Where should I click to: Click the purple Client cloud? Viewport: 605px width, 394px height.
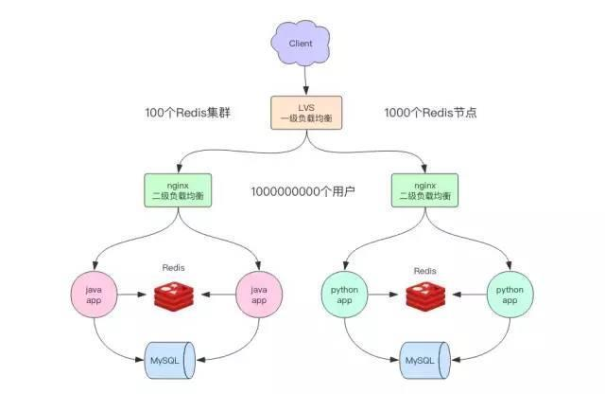click(x=300, y=44)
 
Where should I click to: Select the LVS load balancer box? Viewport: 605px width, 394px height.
click(x=302, y=113)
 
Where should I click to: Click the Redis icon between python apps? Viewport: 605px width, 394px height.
click(x=426, y=297)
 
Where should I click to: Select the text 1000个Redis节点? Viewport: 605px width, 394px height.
click(x=430, y=113)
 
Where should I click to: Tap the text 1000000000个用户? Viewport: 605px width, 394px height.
click(x=302, y=191)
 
